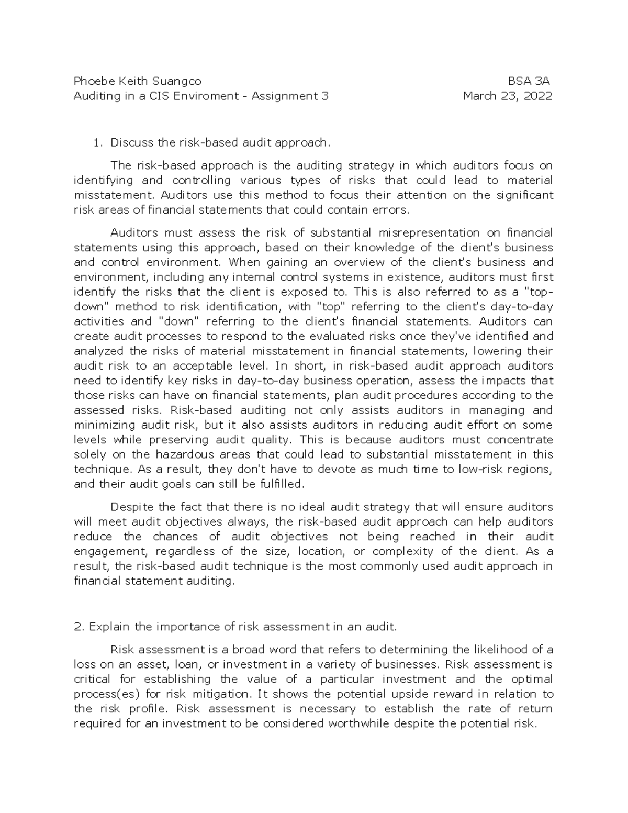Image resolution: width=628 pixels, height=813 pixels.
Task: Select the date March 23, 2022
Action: point(508,96)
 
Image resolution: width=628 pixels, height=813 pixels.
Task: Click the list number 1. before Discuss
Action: point(96,142)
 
